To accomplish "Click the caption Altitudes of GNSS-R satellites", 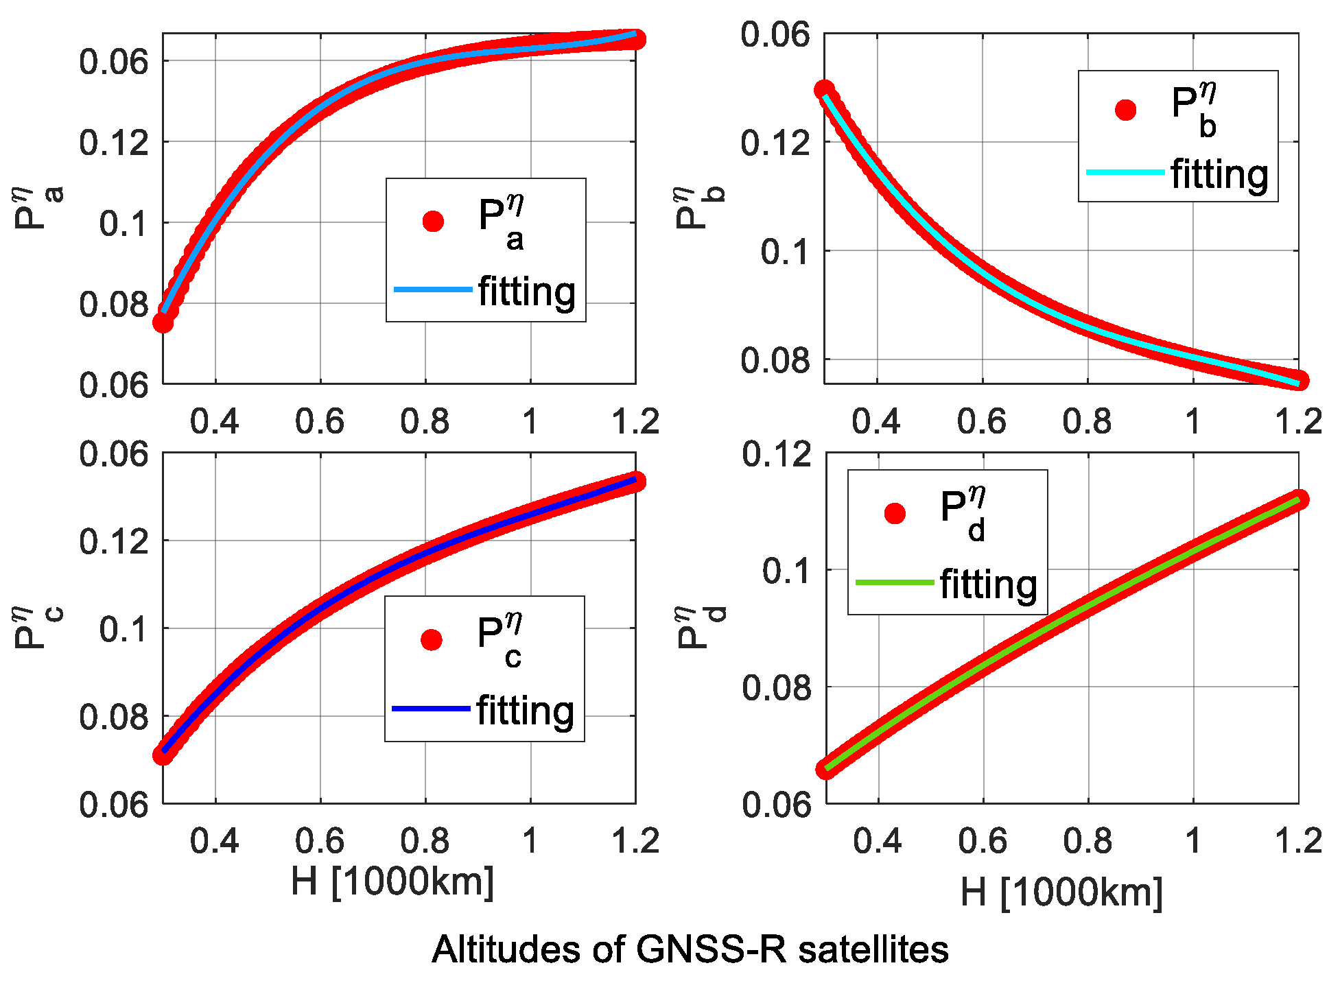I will (690, 950).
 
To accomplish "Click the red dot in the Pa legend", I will (433, 221).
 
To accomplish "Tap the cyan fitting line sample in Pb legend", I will (1125, 171).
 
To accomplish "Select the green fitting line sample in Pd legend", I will (895, 582).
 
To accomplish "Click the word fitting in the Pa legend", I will (527, 292).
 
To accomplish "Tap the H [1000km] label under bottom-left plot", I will (392, 881).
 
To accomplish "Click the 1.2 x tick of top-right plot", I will (1297, 421).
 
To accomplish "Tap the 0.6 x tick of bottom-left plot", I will (319, 840).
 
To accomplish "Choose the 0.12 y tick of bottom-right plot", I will (776, 454).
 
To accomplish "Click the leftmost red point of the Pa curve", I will (163, 322).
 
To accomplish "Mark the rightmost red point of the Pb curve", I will (1299, 380).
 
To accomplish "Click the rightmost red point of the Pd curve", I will (1298, 499).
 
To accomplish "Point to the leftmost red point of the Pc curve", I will (163, 755).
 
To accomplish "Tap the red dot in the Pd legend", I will (895, 513).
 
